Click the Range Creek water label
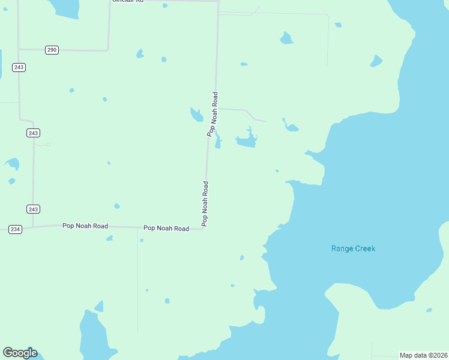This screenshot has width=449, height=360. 353,248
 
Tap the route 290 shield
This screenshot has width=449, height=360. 52,50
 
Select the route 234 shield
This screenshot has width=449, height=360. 16,229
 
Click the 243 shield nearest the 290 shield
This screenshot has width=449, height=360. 19,67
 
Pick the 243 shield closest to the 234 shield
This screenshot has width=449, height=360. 33,209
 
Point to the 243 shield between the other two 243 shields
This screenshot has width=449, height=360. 33,133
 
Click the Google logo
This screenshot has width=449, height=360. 20,353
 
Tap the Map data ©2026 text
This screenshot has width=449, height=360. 423,355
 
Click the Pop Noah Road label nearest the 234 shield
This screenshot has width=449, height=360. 85,226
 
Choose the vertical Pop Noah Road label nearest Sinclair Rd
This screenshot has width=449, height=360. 212,114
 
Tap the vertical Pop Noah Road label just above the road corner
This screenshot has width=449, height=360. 205,203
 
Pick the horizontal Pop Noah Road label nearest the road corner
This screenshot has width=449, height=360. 166,229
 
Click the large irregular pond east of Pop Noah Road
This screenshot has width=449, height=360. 246,141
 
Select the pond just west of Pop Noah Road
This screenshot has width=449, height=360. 196,114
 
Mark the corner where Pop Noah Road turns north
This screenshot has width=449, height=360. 206,228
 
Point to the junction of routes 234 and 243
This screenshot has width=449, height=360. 33,227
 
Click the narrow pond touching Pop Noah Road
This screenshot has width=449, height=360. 218,142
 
